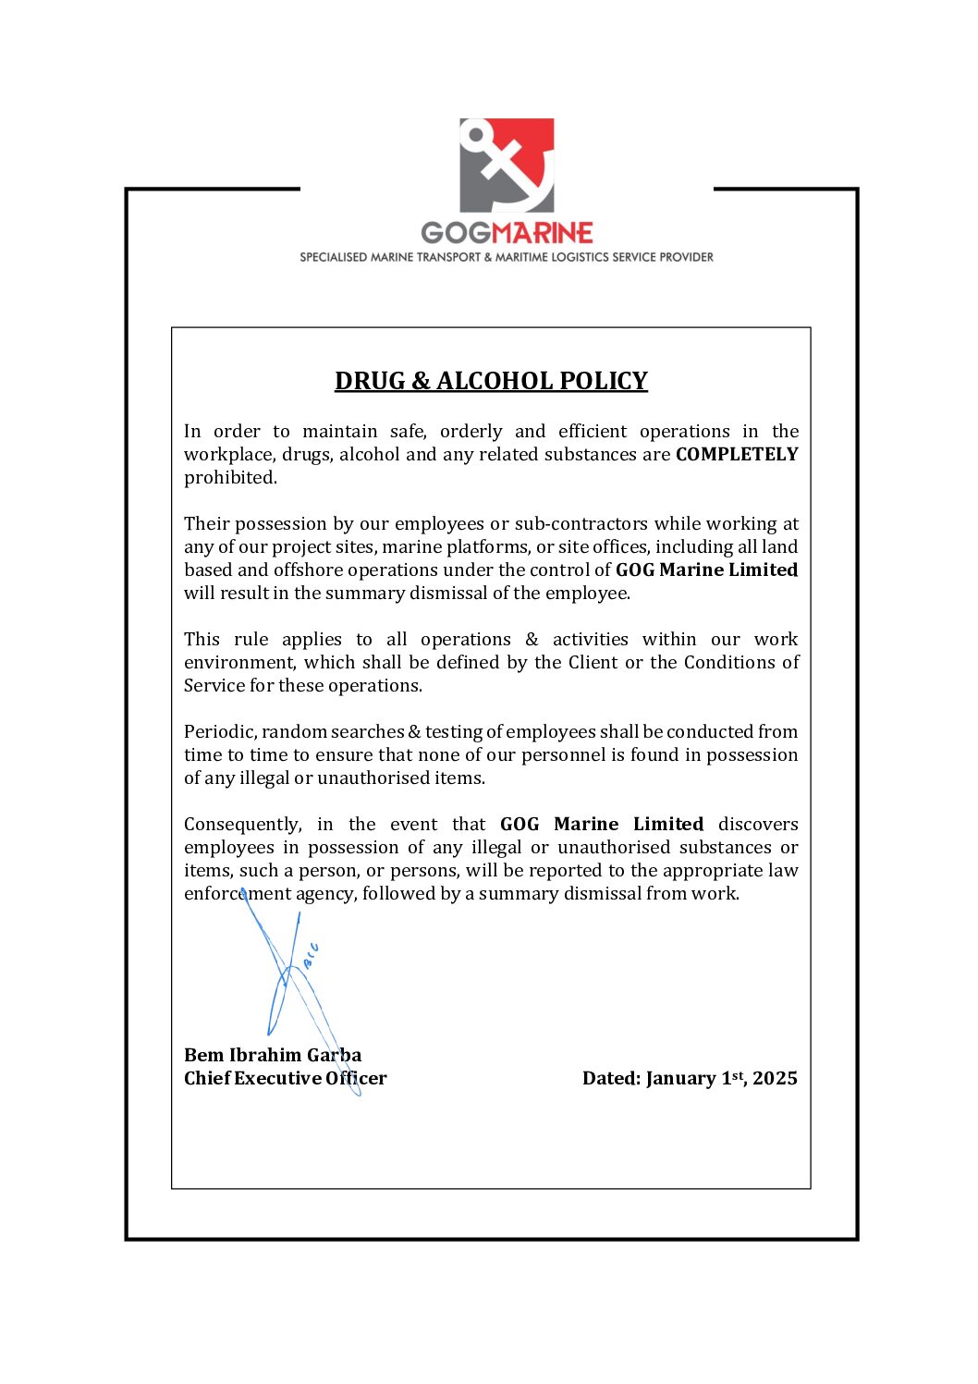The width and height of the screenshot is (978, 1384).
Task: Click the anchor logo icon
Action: click(507, 165)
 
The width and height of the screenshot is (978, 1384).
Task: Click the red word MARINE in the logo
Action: click(544, 232)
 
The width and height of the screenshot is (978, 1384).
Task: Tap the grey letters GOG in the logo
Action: click(457, 232)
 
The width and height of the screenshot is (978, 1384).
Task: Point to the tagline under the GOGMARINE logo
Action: click(507, 257)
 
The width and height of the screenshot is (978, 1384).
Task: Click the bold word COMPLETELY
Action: click(737, 454)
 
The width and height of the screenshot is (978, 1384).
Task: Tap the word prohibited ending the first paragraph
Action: click(229, 477)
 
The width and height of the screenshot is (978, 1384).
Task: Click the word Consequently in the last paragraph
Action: click(242, 824)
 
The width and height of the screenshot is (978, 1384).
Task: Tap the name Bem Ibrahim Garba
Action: click(273, 1055)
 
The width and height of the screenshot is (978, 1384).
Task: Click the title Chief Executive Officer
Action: click(285, 1078)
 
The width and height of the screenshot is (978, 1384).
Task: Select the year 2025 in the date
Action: click(775, 1078)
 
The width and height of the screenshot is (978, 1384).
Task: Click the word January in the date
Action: click(680, 1078)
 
